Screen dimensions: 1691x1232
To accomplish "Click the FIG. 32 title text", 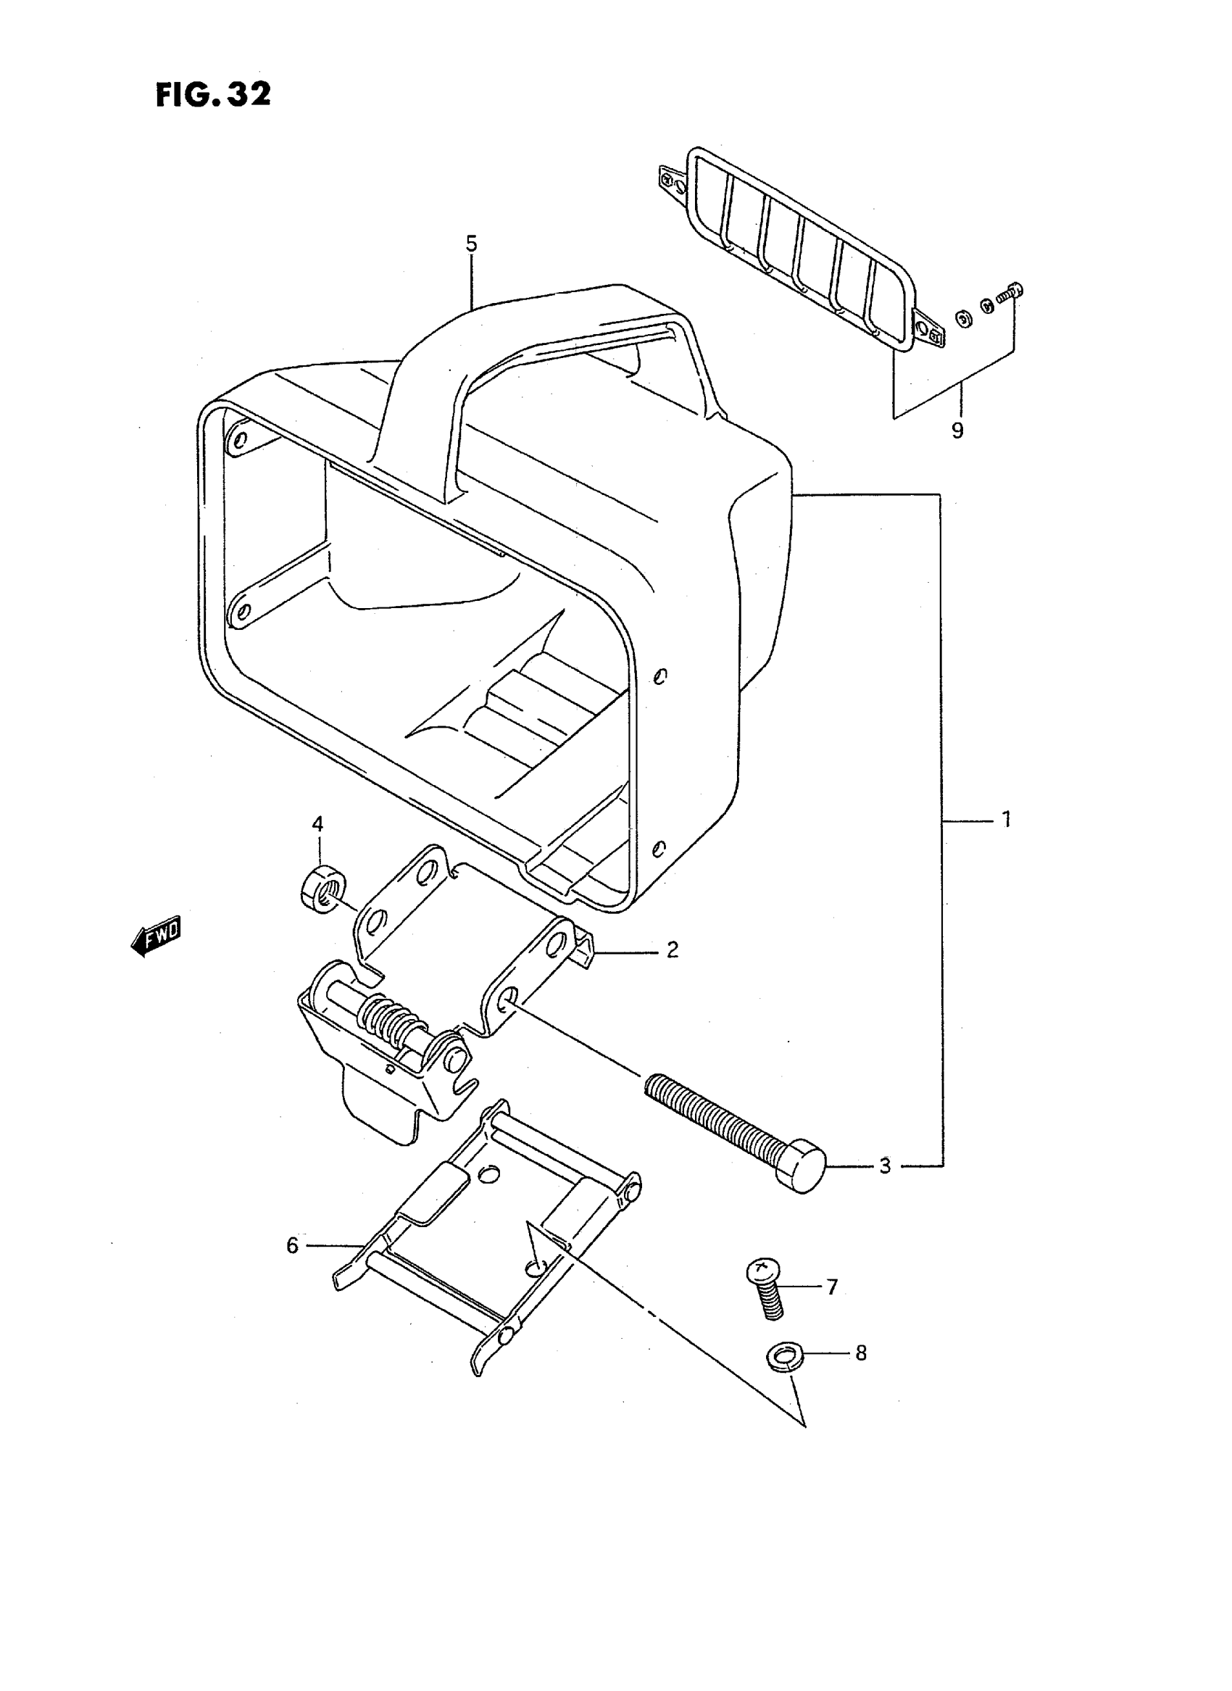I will (x=213, y=95).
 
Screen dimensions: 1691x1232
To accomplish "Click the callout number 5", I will (x=470, y=244).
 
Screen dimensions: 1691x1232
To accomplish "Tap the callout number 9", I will (x=957, y=431).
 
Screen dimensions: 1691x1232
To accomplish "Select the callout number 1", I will (x=1006, y=820).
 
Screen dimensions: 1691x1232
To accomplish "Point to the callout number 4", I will (x=317, y=824).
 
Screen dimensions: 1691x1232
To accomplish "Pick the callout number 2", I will (x=672, y=950).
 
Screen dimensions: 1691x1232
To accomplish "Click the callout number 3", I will (x=884, y=1165).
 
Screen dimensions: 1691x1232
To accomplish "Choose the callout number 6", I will (x=292, y=1246).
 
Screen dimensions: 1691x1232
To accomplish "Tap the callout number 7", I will (x=831, y=1287).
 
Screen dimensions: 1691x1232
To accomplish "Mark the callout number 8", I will (x=861, y=1353).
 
